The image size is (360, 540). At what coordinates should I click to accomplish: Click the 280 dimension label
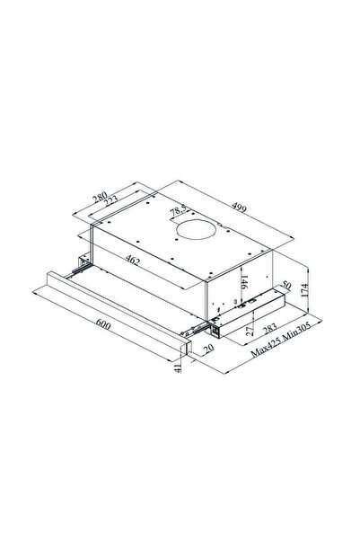(x=100, y=197)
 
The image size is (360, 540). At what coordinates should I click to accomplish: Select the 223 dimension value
(x=110, y=201)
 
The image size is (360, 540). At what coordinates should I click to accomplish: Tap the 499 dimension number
(x=239, y=208)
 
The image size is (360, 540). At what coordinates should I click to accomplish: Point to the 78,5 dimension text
(x=179, y=209)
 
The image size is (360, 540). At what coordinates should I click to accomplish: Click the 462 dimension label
(x=133, y=260)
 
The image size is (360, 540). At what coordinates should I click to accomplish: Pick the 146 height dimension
(x=244, y=282)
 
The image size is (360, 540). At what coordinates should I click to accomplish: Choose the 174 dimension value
(x=304, y=290)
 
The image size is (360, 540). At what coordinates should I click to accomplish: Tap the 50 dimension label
(x=286, y=285)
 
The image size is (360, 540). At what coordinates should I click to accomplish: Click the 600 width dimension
(x=103, y=324)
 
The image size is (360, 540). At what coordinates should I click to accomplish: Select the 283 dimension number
(x=270, y=329)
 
